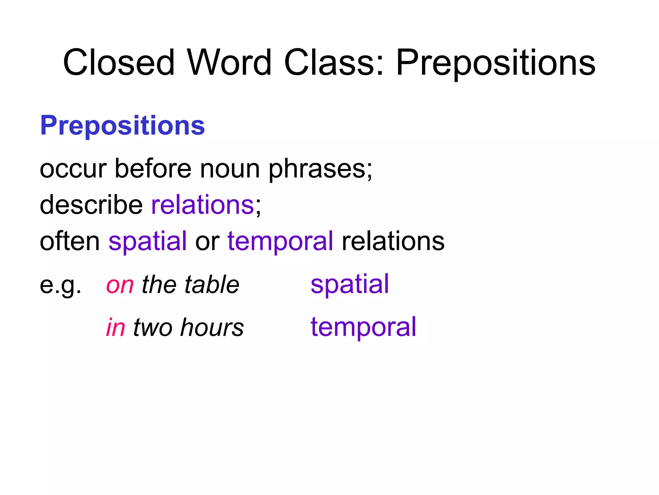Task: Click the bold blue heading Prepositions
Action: click(122, 125)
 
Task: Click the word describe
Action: click(91, 205)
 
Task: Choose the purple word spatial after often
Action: click(148, 241)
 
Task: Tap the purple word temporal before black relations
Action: click(280, 241)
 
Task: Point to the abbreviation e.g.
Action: click(60, 285)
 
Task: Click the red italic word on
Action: click(120, 285)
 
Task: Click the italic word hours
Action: click(212, 327)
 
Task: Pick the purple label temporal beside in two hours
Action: click(363, 327)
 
